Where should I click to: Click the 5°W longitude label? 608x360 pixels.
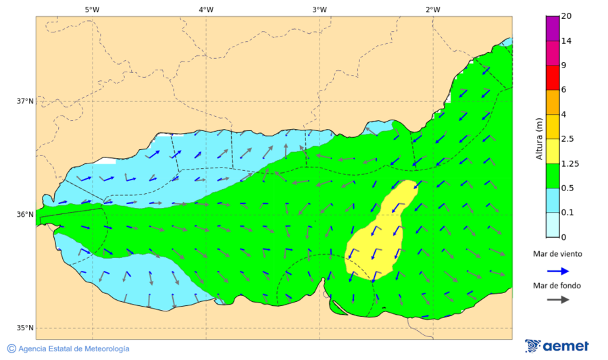click(x=92, y=9)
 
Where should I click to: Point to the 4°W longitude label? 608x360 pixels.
click(x=206, y=9)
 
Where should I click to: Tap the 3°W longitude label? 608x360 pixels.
click(x=320, y=9)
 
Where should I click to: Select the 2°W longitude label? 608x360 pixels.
click(x=433, y=9)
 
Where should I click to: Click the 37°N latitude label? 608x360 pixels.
click(x=25, y=101)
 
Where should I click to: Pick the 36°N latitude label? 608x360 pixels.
click(x=25, y=215)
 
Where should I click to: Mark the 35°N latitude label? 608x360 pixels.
click(x=25, y=328)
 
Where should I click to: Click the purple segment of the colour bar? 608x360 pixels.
click(x=553, y=28)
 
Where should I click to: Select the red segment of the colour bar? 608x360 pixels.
click(x=553, y=77)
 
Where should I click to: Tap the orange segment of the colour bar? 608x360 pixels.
click(x=553, y=102)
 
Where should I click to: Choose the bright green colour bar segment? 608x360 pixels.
click(x=553, y=175)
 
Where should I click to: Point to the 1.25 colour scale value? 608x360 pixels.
click(x=569, y=163)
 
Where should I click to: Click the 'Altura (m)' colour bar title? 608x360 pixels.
click(x=539, y=138)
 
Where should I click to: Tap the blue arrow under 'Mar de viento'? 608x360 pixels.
click(x=557, y=271)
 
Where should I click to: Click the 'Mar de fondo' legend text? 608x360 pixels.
click(x=557, y=286)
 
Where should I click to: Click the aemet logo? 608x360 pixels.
click(x=557, y=346)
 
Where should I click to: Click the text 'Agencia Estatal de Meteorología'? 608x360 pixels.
click(x=74, y=349)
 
